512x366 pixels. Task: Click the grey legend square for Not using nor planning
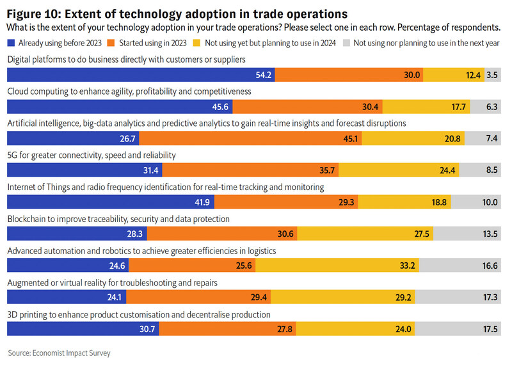(x=347, y=43)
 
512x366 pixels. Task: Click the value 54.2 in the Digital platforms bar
(x=264, y=75)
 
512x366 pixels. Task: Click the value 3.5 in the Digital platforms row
(x=492, y=75)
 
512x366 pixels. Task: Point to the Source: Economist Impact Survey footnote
(x=54, y=353)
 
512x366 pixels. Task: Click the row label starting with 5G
(x=91, y=155)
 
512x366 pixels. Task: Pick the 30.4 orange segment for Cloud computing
(x=307, y=107)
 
